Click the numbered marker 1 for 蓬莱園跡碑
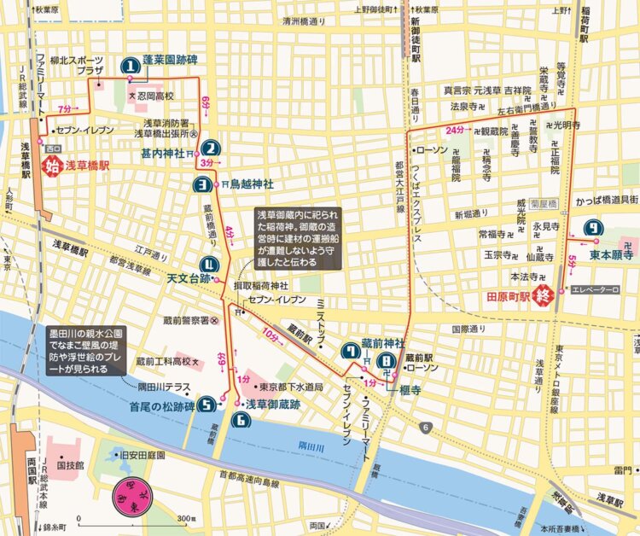click(131, 64)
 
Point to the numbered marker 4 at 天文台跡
click(209, 265)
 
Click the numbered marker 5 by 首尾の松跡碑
click(207, 405)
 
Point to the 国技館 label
click(69, 467)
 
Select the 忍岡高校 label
click(155, 96)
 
